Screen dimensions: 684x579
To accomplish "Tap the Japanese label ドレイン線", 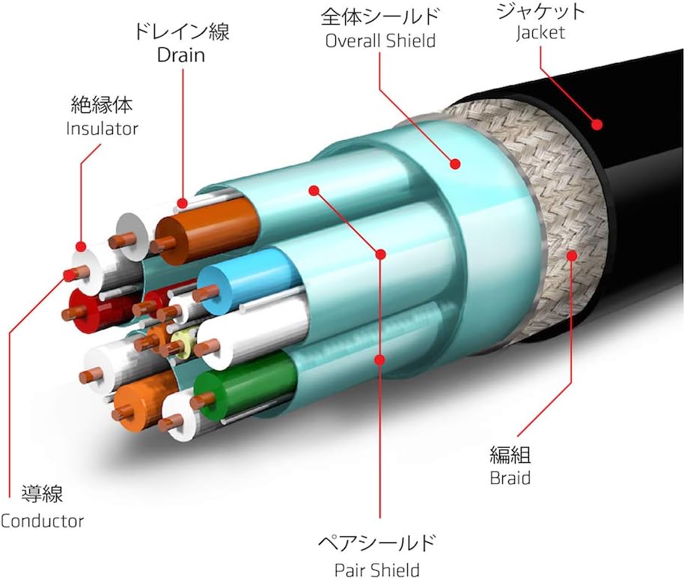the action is (x=182, y=32).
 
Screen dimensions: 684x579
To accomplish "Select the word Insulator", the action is (x=103, y=128).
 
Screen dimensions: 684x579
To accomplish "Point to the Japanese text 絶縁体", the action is (x=102, y=103).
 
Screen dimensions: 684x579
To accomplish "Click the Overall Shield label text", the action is (x=380, y=40).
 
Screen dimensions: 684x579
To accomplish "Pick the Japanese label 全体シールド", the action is (x=380, y=16).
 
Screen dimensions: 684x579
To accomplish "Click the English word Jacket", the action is (x=540, y=33).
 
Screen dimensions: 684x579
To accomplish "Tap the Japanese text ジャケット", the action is (x=540, y=11).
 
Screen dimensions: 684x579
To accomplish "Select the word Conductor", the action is (x=43, y=521).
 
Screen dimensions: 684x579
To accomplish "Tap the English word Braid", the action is (x=510, y=477).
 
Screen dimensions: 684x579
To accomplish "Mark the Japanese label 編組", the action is (x=510, y=455).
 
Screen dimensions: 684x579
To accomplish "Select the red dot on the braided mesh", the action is (x=574, y=255).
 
